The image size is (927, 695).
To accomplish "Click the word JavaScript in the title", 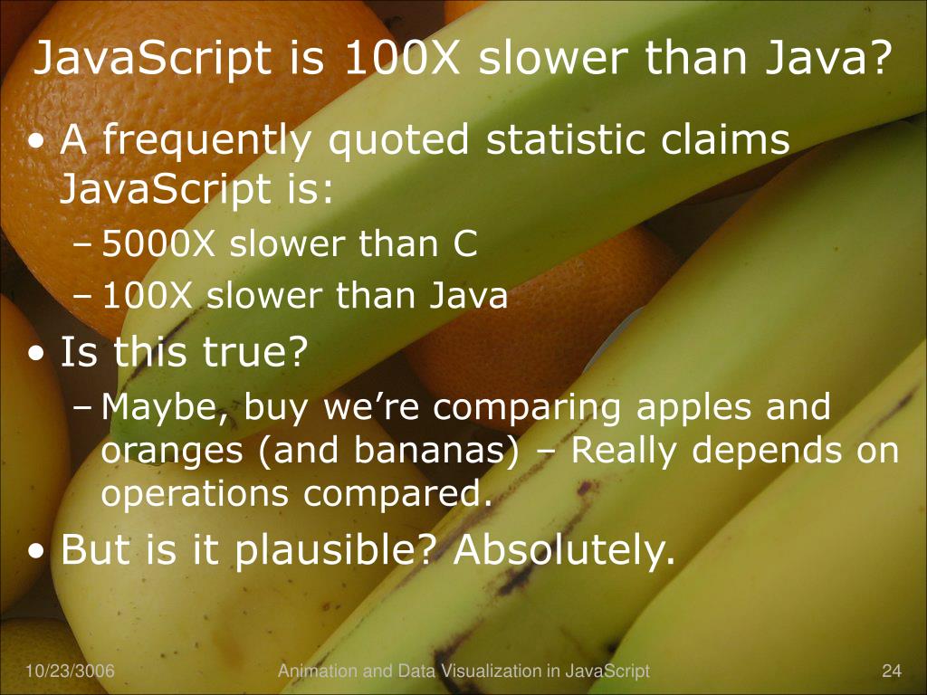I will click(x=152, y=60).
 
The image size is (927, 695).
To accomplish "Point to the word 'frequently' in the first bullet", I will click(x=208, y=142).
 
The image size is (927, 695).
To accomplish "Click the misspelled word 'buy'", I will click(x=265, y=409).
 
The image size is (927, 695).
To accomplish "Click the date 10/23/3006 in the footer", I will click(x=63, y=671).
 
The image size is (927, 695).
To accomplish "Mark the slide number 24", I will click(x=892, y=671).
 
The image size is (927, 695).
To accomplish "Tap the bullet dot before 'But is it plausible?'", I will click(x=37, y=551).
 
